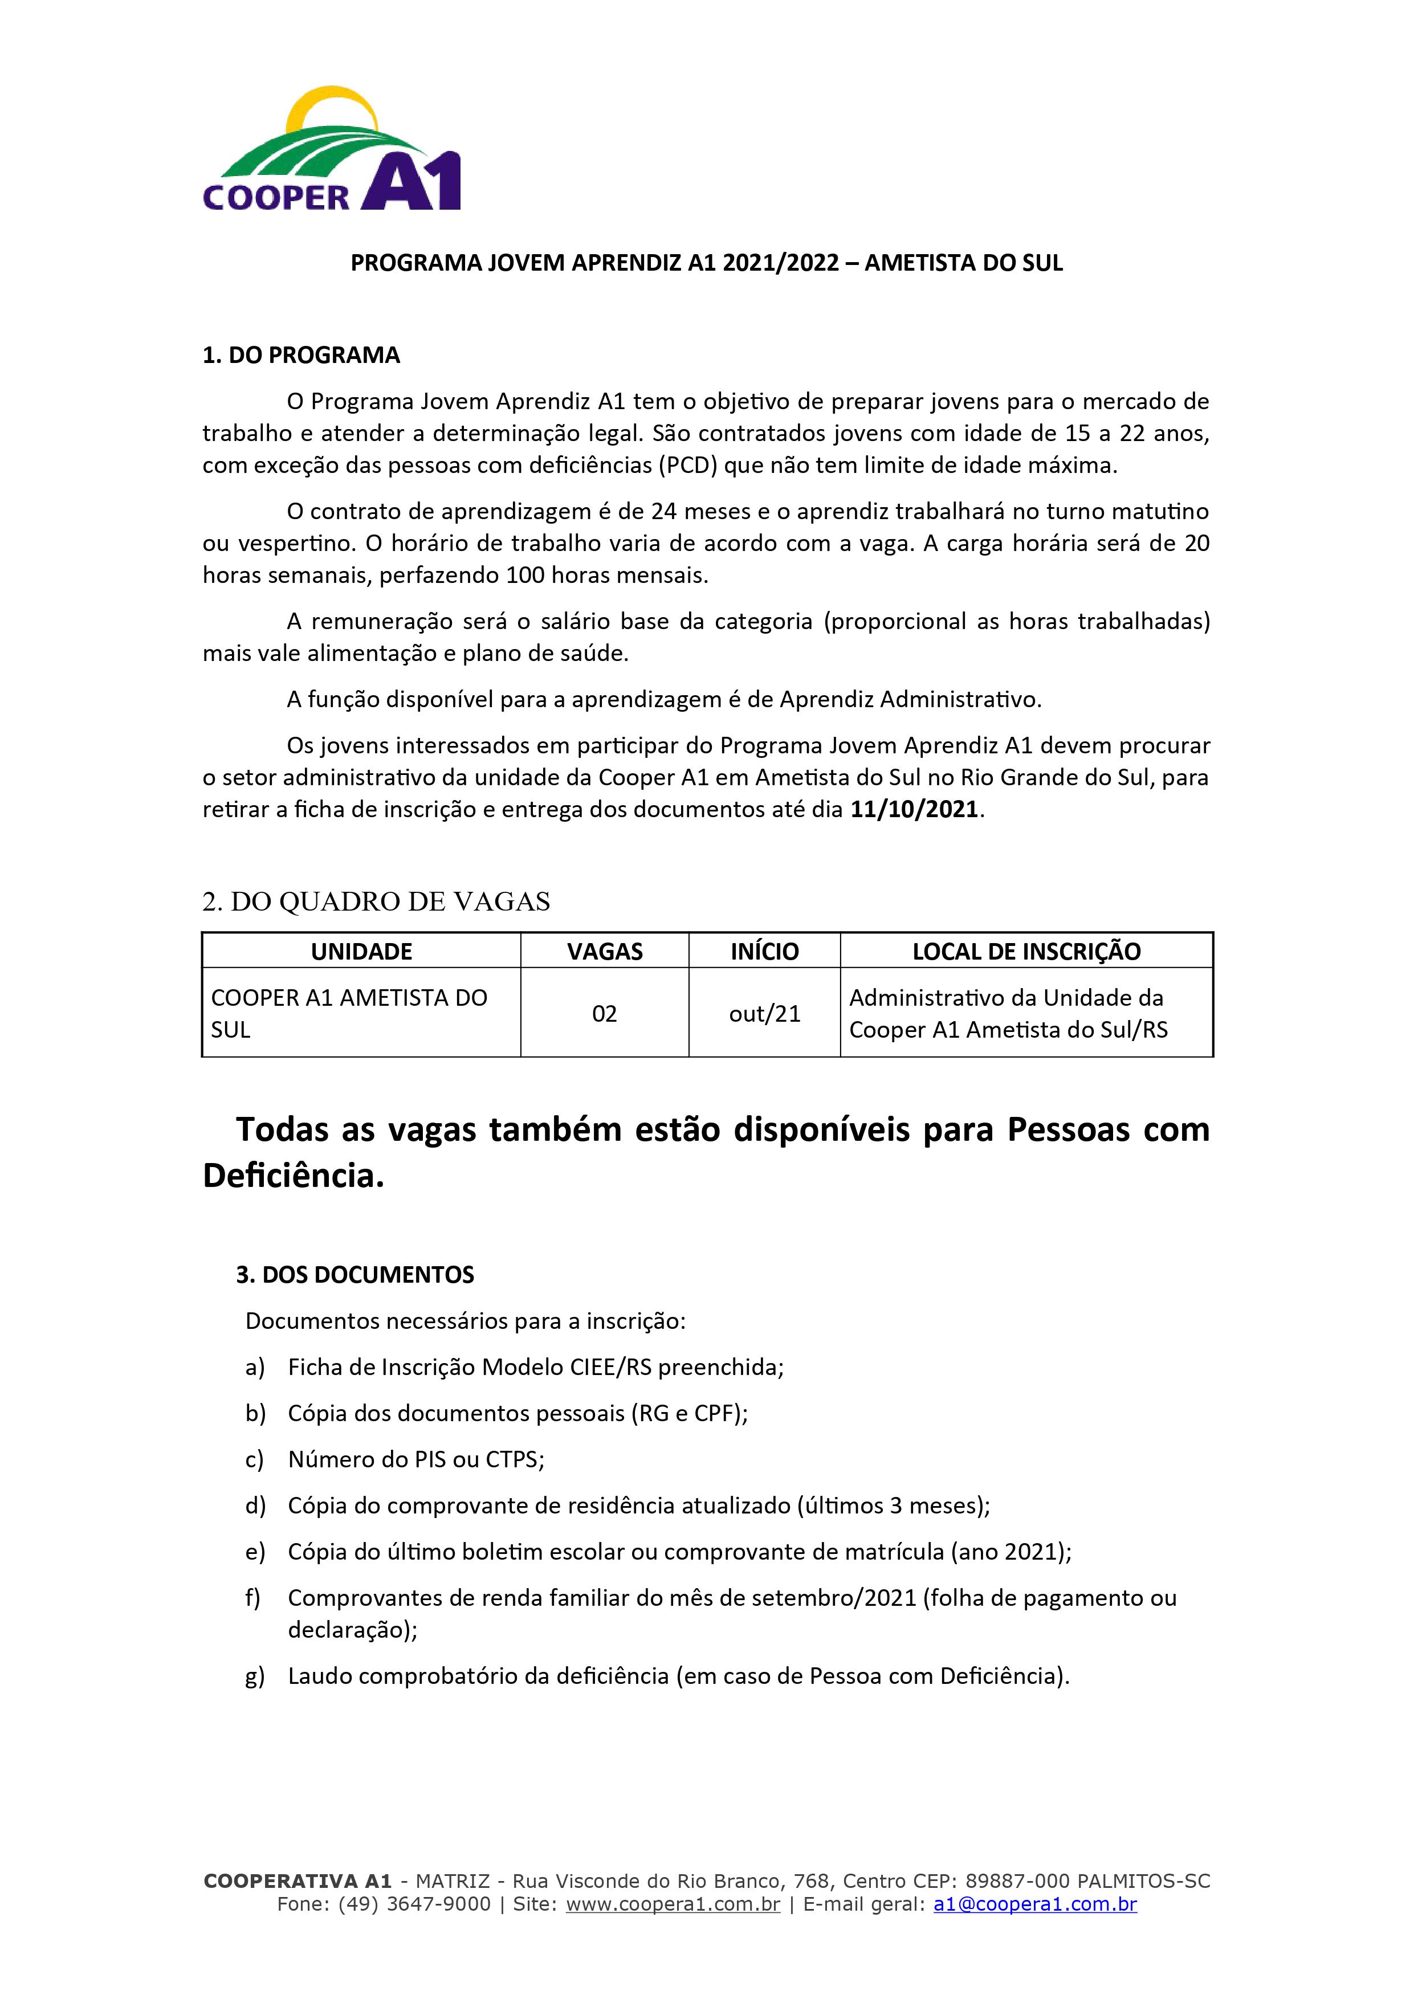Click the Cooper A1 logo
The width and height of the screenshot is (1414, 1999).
click(x=332, y=150)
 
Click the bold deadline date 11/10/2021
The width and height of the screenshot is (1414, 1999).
click(x=914, y=810)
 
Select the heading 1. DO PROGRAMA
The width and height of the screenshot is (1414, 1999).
click(x=301, y=355)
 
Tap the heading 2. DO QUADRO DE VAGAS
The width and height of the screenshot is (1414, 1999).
click(x=376, y=902)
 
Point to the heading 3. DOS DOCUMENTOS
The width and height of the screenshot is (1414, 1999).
click(x=355, y=1275)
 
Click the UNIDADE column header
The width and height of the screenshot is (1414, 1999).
click(x=361, y=952)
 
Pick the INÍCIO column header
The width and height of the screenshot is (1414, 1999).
click(x=764, y=952)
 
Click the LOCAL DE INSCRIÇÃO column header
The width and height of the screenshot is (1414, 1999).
click(x=1026, y=952)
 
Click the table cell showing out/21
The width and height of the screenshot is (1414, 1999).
click(x=764, y=1013)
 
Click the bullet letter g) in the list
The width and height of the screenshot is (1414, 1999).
click(x=254, y=1676)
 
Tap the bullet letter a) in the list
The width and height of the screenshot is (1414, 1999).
click(x=254, y=1368)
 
